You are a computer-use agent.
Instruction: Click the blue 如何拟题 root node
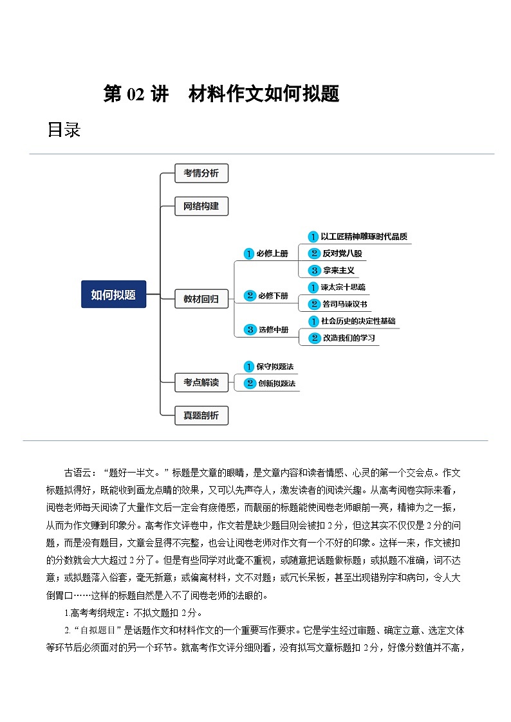[113, 294]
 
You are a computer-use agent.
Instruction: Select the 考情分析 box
[201, 173]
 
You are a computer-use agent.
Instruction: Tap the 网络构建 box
[201, 206]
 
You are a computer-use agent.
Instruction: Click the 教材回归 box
[201, 298]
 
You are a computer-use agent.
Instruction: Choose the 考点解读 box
[201, 382]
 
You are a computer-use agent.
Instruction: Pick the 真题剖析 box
[201, 415]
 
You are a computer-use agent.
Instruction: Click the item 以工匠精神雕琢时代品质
[364, 237]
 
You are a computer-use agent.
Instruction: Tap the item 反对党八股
[342, 253]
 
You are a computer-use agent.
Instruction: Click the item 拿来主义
[339, 271]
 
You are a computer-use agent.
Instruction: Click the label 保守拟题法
[275, 366]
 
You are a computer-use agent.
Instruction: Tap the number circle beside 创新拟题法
[249, 383]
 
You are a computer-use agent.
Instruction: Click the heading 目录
[64, 130]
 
